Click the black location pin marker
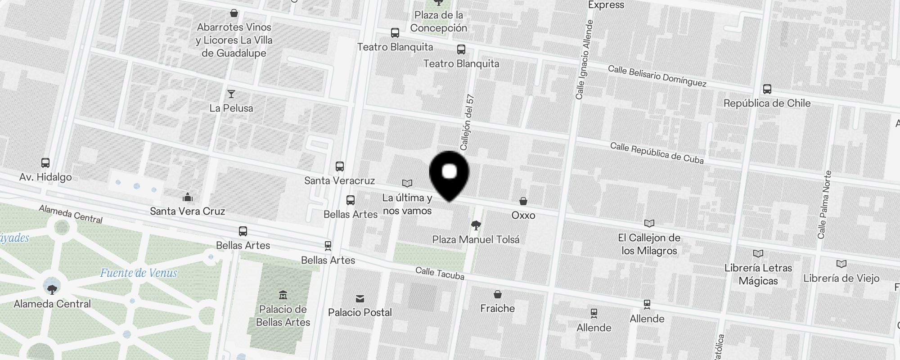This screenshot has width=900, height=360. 449,174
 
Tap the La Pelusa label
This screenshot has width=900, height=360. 231,108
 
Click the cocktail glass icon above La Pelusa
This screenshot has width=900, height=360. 231,94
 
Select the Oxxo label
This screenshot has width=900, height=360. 523,215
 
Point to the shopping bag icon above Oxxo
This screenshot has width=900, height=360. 523,201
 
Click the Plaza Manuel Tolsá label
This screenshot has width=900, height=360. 476,239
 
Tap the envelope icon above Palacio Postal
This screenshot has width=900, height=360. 360,299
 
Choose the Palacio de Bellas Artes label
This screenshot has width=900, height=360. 283,315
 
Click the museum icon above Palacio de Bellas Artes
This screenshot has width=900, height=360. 283,295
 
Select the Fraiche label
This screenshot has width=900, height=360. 497,308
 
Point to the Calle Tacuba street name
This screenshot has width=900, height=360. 440,273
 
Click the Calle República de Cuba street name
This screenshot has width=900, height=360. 657,153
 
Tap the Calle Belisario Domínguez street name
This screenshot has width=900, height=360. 657,76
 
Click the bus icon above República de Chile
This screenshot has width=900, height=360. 767,89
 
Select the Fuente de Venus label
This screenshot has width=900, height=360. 139,273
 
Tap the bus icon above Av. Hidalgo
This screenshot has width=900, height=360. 45,163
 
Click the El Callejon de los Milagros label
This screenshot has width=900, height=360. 649,244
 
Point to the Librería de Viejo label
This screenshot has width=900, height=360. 841,278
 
